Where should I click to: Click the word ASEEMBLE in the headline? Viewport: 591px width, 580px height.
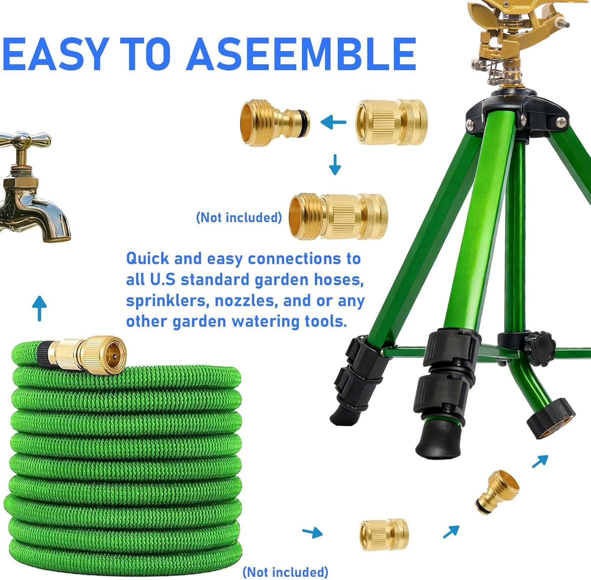coord(301,54)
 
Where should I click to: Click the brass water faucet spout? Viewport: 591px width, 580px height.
coord(47,221)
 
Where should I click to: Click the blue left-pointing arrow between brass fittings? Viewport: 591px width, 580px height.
coord(333,122)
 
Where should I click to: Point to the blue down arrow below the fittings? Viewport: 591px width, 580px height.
coord(335,165)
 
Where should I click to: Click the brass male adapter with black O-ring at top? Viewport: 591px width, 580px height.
coord(275,122)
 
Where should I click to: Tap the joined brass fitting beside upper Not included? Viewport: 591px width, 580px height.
coord(338,216)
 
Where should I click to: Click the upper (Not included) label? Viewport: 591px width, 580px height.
coord(239,217)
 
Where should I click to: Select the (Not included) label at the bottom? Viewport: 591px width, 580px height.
coord(285,572)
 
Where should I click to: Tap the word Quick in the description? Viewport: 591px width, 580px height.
coord(148,259)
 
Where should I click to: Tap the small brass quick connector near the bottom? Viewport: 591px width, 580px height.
coord(384,534)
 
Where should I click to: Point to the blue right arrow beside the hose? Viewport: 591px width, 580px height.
coord(312,533)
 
